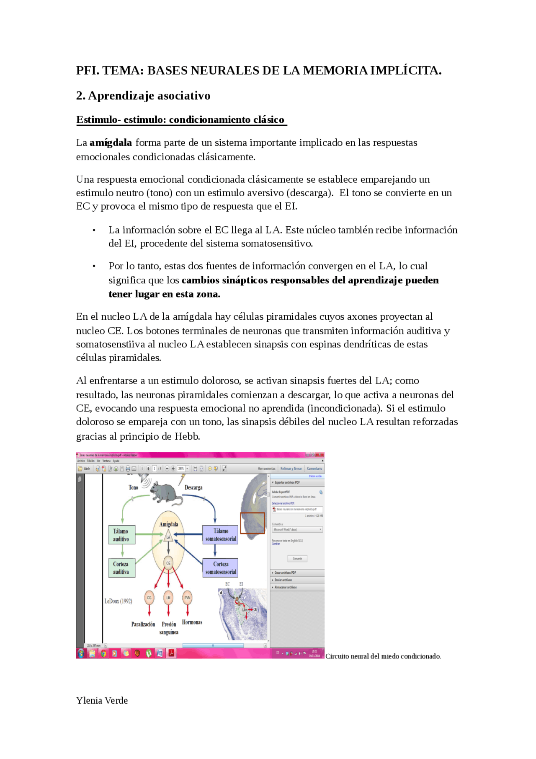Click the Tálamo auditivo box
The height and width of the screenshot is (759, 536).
(x=121, y=535)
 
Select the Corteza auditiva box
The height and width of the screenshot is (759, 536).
(x=121, y=568)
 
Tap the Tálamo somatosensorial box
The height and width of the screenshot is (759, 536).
(x=220, y=535)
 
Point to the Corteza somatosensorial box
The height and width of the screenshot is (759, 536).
(x=220, y=568)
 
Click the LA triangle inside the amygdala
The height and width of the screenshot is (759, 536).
(x=168, y=536)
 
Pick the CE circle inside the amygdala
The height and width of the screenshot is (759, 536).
(x=168, y=563)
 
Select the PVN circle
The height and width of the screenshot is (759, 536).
(x=187, y=598)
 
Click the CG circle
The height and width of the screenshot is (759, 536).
(x=149, y=598)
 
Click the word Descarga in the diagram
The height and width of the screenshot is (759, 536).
(x=193, y=487)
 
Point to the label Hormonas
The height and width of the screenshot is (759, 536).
(x=192, y=622)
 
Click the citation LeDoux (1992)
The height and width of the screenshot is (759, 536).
(x=118, y=601)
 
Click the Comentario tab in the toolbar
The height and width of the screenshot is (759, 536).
(x=314, y=469)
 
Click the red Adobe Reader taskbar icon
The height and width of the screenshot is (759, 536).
(x=171, y=653)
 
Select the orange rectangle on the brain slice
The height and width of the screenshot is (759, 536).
(x=253, y=523)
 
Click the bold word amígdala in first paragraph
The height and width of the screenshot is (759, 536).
(x=111, y=143)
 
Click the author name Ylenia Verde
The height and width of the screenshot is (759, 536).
(x=102, y=700)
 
